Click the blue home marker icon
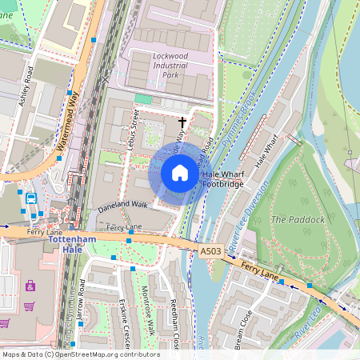point(180,173)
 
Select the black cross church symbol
point(182,122)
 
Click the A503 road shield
point(210,251)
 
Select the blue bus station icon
point(31,198)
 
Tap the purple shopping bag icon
point(30,286)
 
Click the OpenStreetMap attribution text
point(70,354)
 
